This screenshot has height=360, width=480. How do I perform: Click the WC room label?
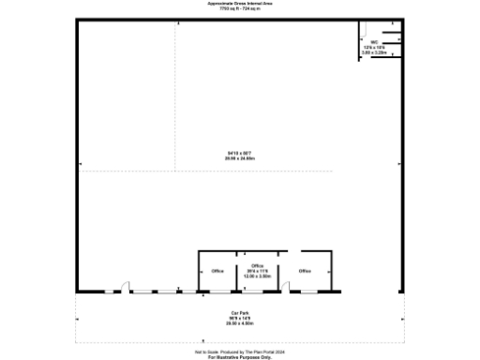pyautogui.click(x=374, y=41)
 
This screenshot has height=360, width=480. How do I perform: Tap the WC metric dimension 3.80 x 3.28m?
pyautogui.click(x=374, y=52)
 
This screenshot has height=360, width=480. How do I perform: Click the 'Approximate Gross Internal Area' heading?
pyautogui.click(x=240, y=4)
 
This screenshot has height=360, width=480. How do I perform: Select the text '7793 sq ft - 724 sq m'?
pyautogui.click(x=240, y=9)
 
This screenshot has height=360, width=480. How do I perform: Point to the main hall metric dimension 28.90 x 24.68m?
pyautogui.click(x=240, y=159)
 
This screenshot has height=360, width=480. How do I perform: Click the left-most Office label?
pyautogui.click(x=217, y=271)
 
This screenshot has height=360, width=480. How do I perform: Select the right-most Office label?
pyautogui.click(x=305, y=271)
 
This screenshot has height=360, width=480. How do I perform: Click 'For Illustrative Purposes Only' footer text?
pyautogui.click(x=240, y=357)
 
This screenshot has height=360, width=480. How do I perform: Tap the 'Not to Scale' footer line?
pyautogui.click(x=240, y=352)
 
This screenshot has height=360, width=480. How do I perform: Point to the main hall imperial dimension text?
pyautogui.click(x=240, y=154)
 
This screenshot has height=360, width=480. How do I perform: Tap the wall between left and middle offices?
pyautogui.click(x=237, y=272)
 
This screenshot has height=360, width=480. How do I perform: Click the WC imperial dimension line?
pyautogui.click(x=374, y=47)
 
